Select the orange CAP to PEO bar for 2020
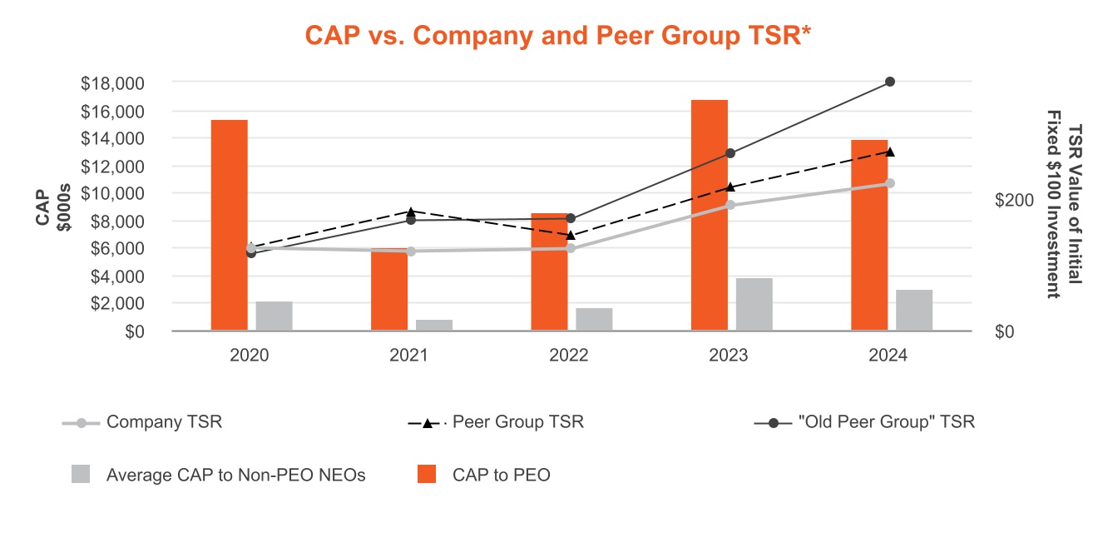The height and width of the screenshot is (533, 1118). (230, 225)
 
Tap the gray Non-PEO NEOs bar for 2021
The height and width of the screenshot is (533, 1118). (434, 325)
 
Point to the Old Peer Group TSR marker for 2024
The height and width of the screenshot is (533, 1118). (890, 82)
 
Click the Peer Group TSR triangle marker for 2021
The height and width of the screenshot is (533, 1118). (410, 212)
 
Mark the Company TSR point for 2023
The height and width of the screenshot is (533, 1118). (730, 205)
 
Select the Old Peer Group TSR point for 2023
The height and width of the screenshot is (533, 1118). (730, 153)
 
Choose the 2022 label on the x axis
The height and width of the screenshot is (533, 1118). (569, 355)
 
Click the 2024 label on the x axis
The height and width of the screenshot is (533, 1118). (889, 355)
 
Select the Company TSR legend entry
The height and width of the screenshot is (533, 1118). (164, 422)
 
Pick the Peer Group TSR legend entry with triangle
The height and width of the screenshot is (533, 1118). (517, 422)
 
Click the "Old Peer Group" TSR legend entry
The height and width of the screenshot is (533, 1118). (886, 422)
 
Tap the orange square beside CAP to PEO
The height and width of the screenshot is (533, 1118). (427, 475)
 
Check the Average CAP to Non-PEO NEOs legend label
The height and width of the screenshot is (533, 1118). (236, 476)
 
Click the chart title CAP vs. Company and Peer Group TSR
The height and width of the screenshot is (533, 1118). (558, 35)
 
